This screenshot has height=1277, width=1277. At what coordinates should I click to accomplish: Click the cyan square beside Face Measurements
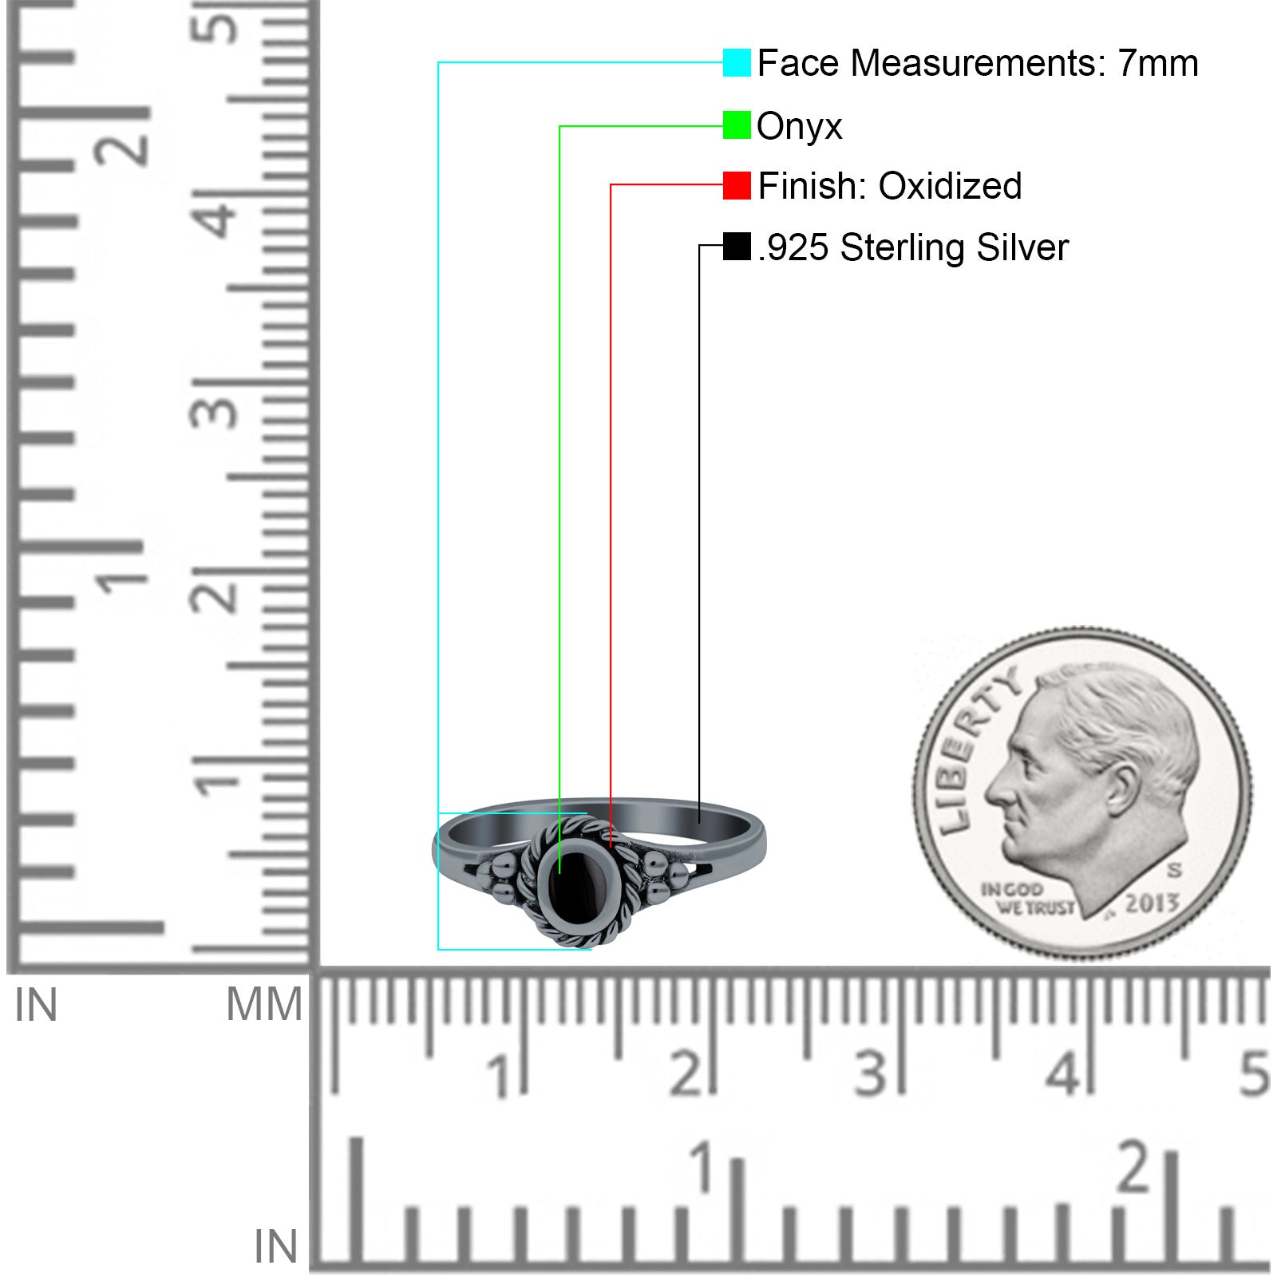point(737,63)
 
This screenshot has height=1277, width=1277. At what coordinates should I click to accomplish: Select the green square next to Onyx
point(737,125)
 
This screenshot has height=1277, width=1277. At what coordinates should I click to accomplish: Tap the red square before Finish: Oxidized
point(737,186)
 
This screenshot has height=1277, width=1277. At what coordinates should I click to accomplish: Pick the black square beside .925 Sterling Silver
point(737,247)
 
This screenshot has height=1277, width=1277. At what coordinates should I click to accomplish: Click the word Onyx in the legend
point(799,126)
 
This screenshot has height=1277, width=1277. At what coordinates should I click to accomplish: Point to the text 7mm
point(1157,63)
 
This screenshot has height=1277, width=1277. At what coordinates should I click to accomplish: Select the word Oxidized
point(950,186)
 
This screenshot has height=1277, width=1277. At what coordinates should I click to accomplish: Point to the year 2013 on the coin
point(1152,903)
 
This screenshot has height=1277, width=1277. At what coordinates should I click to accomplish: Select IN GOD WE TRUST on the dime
point(1026,899)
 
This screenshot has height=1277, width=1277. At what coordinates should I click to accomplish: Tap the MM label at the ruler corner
point(264,1004)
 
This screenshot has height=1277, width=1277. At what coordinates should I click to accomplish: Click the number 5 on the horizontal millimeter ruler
point(1254,1073)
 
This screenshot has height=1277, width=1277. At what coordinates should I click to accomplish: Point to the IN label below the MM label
point(275,1247)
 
